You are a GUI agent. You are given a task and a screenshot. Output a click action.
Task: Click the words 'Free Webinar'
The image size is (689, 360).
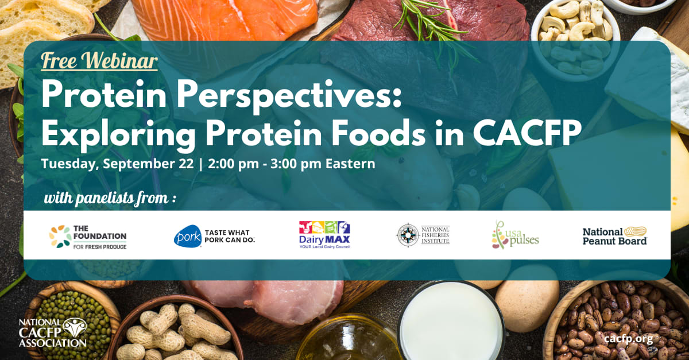click(x=99, y=61)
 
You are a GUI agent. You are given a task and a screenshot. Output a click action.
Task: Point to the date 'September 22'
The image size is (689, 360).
click(x=148, y=164)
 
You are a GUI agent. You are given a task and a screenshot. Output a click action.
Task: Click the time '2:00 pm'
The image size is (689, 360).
click(x=233, y=164)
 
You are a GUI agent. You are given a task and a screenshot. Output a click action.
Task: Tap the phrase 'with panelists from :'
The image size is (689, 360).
click(x=110, y=198)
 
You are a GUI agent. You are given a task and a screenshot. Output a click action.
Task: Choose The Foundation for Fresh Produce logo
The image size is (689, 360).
click(x=88, y=237)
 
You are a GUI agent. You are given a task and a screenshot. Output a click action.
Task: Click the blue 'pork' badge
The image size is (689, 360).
click(x=188, y=237)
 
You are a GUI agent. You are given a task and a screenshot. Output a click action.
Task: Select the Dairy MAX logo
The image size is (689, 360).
click(x=324, y=235)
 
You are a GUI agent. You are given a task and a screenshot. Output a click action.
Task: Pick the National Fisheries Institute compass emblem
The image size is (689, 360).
click(x=408, y=235)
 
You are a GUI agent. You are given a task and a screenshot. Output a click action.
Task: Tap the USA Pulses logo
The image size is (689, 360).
click(x=515, y=235)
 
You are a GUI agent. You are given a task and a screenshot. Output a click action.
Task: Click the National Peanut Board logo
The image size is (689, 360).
click(x=614, y=235)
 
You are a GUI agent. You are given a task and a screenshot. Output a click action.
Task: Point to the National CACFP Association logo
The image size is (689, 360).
click(x=53, y=332)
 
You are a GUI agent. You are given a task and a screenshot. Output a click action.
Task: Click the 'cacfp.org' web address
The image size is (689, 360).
click(x=628, y=339)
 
